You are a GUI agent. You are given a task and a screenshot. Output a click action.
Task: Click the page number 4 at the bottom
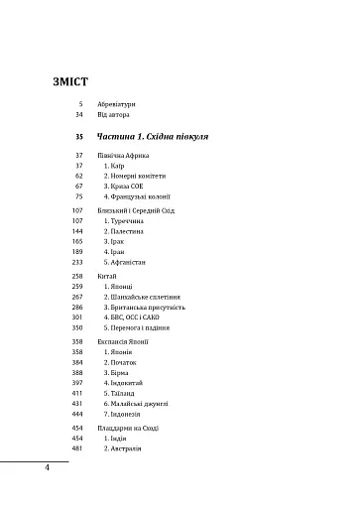(47, 467)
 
